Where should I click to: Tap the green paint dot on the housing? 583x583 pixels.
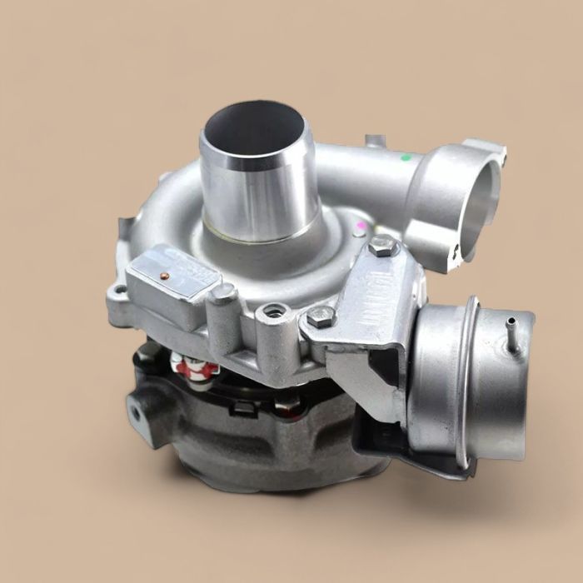pos(406,156)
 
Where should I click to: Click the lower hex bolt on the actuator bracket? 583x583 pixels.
pos(321,316)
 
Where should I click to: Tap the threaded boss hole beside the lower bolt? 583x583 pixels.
pos(270,312)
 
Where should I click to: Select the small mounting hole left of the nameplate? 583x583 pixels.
pos(120,291)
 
